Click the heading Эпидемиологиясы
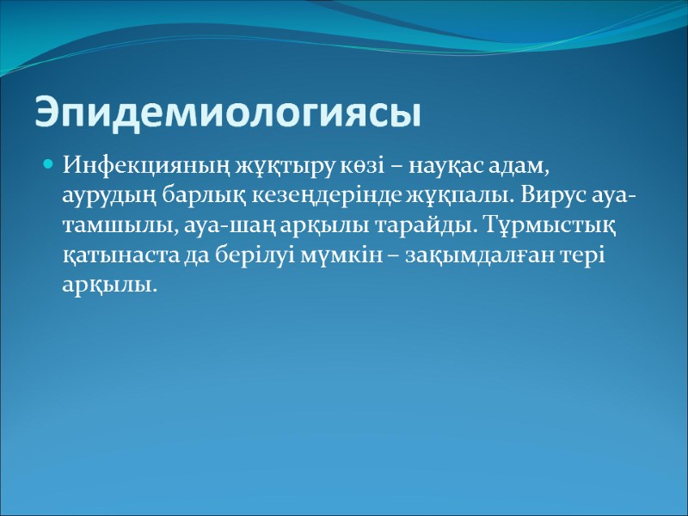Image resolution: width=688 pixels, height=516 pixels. point(227,113)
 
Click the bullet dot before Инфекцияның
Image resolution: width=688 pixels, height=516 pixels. point(48,163)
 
